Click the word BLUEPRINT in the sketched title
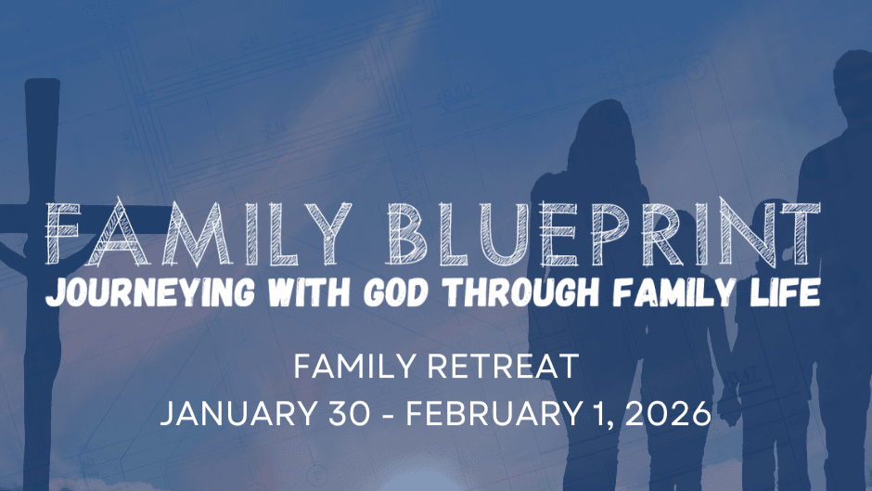(x=604, y=233)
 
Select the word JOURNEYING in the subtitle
(x=150, y=292)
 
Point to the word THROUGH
(x=523, y=291)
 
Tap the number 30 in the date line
(x=349, y=414)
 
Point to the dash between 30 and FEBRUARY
(x=389, y=415)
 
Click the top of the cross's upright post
(x=43, y=81)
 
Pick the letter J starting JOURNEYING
(x=55, y=292)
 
